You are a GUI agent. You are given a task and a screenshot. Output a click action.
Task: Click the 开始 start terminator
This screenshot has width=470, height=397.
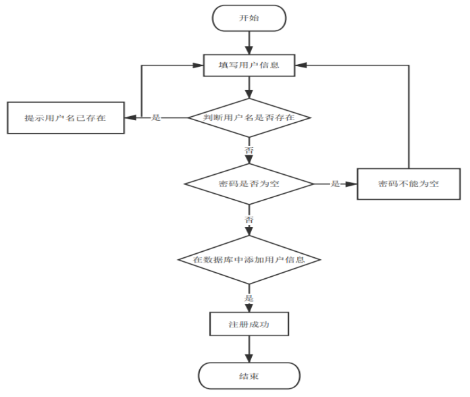(249, 18)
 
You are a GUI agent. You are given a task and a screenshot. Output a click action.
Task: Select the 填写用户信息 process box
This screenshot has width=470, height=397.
(249, 65)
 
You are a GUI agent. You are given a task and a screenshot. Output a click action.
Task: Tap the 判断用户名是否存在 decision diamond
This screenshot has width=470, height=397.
(249, 117)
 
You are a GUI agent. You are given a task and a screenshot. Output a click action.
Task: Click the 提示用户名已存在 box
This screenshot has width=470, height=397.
(66, 117)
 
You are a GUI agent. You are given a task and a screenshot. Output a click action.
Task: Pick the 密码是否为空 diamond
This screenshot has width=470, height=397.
(249, 184)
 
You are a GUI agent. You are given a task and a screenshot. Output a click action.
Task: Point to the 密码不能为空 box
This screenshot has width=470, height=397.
(409, 184)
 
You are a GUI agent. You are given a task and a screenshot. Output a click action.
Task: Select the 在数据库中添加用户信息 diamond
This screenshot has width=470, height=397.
(249, 259)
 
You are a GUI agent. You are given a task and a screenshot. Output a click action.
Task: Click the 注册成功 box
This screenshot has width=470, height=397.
(249, 324)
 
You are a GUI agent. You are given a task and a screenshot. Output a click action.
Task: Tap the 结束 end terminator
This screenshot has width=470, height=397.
(249, 375)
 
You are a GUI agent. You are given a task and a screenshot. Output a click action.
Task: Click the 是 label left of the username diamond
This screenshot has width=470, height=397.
(156, 117)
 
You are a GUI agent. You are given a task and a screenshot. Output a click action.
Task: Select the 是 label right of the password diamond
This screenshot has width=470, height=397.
(335, 184)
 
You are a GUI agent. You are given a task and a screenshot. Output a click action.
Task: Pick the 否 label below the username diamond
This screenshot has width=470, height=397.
(249, 150)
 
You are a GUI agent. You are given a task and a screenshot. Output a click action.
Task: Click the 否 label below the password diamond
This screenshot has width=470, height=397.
(249, 219)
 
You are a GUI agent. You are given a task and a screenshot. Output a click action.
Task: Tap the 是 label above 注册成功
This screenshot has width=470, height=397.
(249, 298)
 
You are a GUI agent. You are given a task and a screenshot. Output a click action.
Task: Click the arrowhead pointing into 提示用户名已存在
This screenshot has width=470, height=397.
(130, 117)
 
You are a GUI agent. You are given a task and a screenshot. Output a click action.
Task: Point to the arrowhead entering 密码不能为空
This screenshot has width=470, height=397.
(351, 184)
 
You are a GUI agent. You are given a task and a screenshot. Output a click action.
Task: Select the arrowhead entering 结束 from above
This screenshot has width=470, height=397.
(249, 359)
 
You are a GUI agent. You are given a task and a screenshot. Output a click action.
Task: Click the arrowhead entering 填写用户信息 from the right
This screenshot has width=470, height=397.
(301, 65)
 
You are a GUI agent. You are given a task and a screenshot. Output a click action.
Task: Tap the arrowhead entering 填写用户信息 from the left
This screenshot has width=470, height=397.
(198, 65)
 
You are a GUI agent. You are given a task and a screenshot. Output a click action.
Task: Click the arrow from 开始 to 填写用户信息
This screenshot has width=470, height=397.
(249, 43)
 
